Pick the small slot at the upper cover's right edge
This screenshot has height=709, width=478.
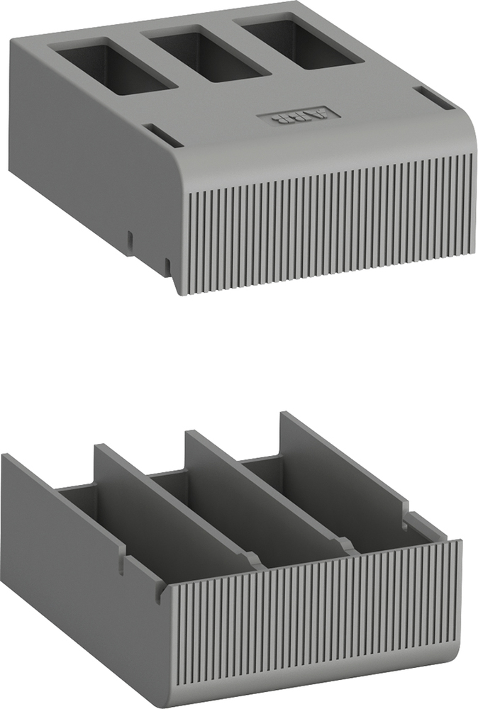tap(434, 98)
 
